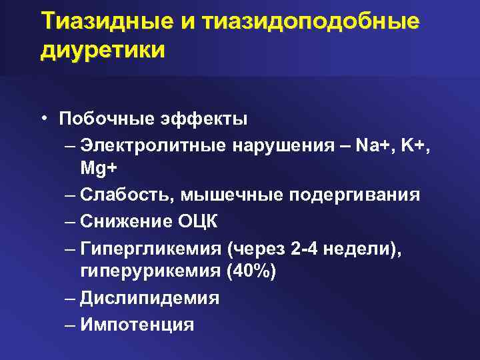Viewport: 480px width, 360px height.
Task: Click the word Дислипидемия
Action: point(149,298)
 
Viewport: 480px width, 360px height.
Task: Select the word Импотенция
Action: point(137,324)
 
